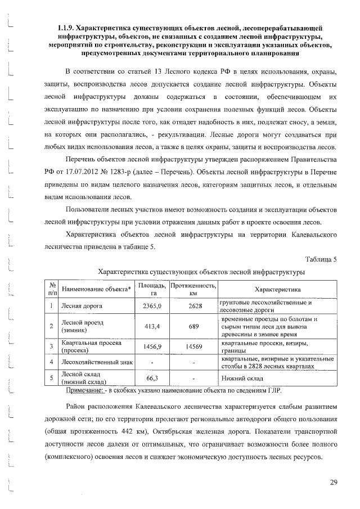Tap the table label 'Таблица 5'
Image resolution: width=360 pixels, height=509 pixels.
pyautogui.click(x=321, y=259)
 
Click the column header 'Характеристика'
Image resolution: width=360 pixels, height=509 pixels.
pyautogui.click(x=277, y=289)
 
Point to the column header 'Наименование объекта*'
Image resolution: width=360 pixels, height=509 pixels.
pyautogui.click(x=96, y=289)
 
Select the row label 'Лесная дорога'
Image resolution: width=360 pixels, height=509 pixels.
pyautogui.click(x=80, y=306)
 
